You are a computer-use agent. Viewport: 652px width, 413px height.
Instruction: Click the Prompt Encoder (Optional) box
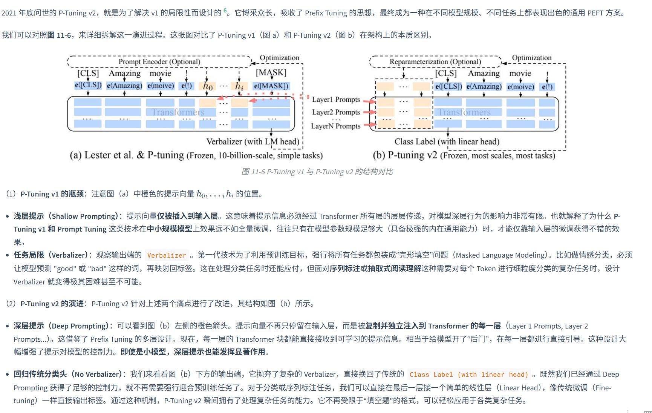pos(159,61)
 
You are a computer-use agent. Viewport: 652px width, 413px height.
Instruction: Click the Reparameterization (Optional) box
pos(435,61)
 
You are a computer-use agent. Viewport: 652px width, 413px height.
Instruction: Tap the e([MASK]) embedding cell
pos(271,86)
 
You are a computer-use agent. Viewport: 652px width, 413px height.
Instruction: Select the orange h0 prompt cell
pos(208,86)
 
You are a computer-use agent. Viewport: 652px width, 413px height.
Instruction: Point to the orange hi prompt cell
pos(239,86)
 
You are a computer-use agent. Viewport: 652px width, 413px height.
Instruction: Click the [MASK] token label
pos(271,72)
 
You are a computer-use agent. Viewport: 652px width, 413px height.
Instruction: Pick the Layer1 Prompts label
pos(336,100)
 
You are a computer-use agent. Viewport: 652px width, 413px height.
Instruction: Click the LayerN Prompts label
pos(335,126)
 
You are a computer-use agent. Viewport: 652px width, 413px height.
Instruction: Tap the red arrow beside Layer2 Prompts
pos(371,112)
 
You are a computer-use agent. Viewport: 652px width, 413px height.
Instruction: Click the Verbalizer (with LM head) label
pos(253,142)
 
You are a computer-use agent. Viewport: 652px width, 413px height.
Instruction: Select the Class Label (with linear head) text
pos(447,142)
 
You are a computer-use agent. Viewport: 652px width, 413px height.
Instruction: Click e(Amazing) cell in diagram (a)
pos(124,86)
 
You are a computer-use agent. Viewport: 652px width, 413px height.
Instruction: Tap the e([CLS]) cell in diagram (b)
pos(448,86)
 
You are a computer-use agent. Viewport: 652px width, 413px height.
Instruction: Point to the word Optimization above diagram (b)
pos(531,58)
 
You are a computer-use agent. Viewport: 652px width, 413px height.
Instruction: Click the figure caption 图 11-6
pos(317,172)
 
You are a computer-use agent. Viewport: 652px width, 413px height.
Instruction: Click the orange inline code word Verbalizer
pos(167,255)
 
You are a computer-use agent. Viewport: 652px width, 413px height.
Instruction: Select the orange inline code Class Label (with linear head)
pos(469,375)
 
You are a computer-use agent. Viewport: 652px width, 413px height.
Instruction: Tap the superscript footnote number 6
pos(225,11)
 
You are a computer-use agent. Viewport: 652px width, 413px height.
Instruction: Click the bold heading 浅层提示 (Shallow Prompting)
pos(66,216)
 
